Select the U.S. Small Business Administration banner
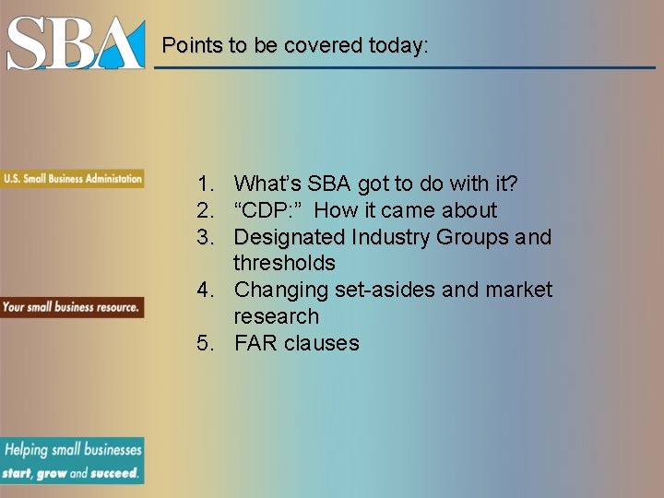click(72, 178)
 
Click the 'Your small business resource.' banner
click(72, 306)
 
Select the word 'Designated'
click(290, 237)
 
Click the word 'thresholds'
click(284, 263)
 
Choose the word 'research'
click(276, 316)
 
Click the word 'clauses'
click(322, 343)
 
